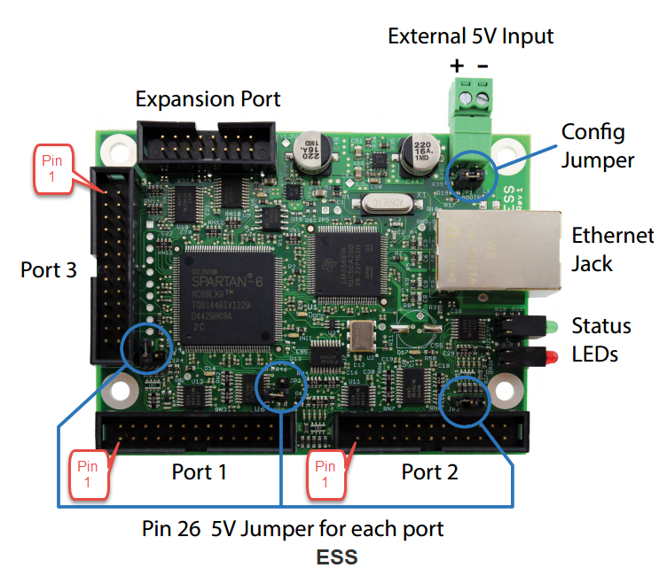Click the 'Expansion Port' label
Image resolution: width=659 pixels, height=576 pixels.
click(208, 98)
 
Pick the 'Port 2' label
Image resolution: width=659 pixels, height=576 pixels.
click(429, 471)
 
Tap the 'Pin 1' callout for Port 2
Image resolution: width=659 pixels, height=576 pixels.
click(326, 473)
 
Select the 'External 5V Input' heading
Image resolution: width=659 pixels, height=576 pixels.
click(470, 36)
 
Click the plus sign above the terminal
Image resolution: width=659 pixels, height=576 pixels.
click(457, 66)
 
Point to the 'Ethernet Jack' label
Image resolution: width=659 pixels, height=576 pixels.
click(612, 249)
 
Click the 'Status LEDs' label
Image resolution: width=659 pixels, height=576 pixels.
click(601, 339)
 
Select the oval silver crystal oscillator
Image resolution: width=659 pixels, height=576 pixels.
click(382, 203)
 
